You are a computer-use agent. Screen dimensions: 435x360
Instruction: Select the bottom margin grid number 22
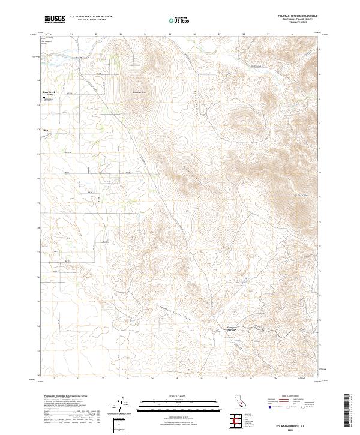click(103, 379)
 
